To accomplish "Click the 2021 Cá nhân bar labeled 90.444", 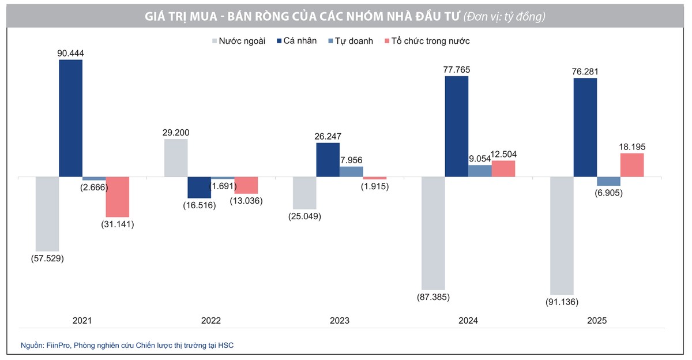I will (x=70, y=118).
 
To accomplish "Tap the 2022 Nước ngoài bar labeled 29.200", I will (x=176, y=157).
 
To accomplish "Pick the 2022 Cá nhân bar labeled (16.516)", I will (x=200, y=187).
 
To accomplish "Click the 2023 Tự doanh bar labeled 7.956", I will (x=351, y=171).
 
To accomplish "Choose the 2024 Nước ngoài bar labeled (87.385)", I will (x=433, y=232).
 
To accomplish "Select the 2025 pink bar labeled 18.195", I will (x=632, y=165).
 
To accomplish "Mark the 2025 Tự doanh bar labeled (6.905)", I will (x=608, y=181).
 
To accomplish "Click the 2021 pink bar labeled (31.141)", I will (x=117, y=197).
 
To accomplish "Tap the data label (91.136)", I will (x=562, y=302).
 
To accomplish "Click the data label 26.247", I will (x=328, y=137).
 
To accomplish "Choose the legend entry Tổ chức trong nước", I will (x=430, y=41).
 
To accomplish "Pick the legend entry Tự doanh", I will (x=353, y=41).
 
